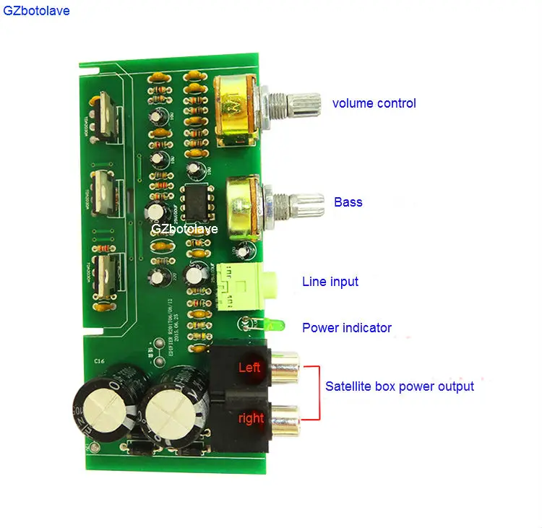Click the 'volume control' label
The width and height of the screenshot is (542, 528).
(374, 103)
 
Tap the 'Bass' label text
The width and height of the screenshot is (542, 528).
(348, 202)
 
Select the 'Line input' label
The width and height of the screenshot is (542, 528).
(330, 282)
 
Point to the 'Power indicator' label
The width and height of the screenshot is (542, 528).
(346, 328)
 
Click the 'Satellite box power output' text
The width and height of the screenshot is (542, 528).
(399, 386)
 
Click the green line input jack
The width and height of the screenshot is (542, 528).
(241, 282)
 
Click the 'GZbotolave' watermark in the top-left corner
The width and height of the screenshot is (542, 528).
(36, 12)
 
